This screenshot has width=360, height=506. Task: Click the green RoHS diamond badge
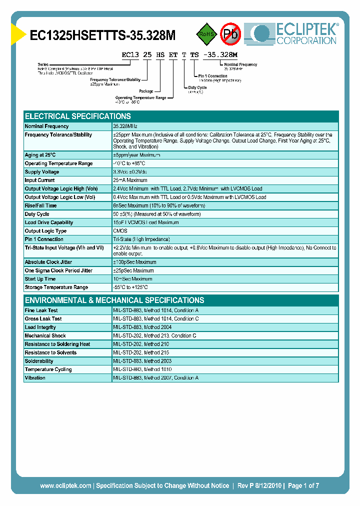pos(206,34)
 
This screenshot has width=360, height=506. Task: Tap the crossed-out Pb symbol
pos(231,34)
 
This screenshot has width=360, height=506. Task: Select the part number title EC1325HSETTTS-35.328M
pos(103,35)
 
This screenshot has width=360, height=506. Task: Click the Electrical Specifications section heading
pos(78,116)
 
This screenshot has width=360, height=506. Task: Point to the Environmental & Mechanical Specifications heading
pos(114,300)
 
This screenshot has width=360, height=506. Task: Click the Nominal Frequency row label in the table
pos(47,126)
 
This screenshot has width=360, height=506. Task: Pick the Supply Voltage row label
pos(42,172)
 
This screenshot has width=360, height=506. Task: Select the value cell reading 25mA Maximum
pos(130,180)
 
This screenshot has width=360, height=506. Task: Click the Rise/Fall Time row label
pos(41,205)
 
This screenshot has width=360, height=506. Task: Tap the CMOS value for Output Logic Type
pos(120,231)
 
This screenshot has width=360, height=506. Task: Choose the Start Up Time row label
pos(40,279)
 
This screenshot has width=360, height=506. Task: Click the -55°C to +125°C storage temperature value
pos(130,287)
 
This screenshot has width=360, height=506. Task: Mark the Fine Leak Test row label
pos(41,310)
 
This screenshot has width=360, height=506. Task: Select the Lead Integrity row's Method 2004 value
pos(143,327)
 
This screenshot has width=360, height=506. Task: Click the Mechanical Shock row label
pos(45,336)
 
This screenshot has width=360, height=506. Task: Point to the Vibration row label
pos(35,378)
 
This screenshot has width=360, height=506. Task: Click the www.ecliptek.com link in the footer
pos(65,485)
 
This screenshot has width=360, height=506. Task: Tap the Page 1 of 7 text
pos(303,485)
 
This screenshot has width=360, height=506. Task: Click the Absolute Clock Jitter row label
pos(47,262)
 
